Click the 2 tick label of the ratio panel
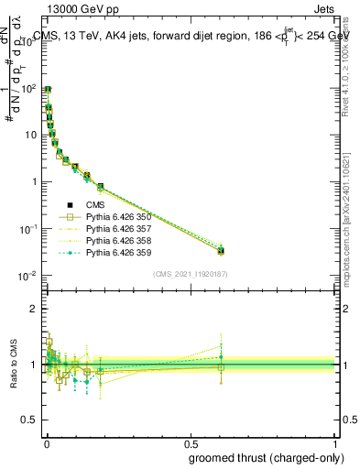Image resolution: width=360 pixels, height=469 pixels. tap(34, 309)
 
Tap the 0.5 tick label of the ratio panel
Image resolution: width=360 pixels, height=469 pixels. tap(29, 420)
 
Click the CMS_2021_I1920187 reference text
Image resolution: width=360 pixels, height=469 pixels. tap(190, 274)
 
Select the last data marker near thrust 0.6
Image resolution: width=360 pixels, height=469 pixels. tap(221, 250)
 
